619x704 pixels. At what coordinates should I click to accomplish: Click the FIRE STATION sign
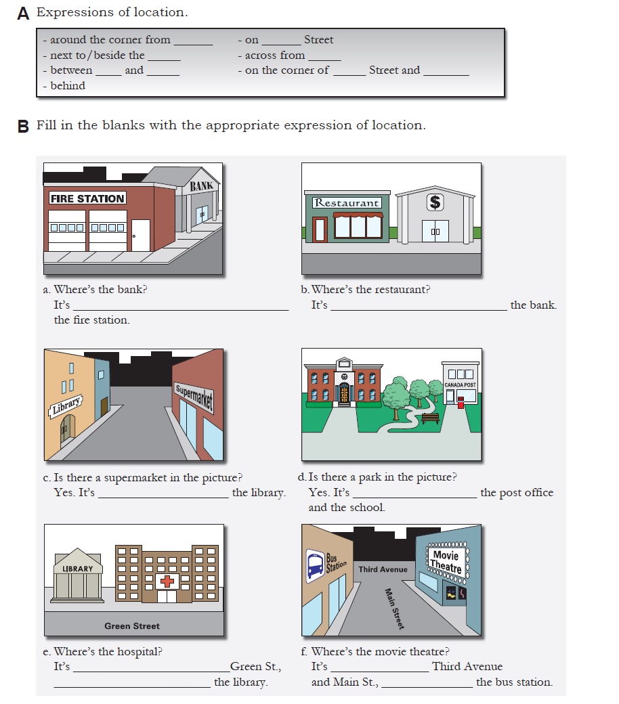point(87,198)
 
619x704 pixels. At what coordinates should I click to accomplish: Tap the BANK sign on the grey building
point(201,186)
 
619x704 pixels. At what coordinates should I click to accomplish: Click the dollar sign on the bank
point(434,202)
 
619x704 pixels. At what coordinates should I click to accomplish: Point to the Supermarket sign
point(194,398)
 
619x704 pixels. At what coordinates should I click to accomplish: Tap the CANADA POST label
point(460,384)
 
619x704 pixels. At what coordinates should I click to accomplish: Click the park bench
point(430,418)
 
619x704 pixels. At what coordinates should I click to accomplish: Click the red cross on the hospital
point(166,581)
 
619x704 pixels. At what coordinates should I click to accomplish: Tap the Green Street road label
point(132,626)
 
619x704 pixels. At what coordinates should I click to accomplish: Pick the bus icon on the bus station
point(315,565)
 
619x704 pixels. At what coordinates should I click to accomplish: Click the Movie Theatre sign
point(446,560)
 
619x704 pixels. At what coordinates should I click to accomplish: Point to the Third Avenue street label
point(383,569)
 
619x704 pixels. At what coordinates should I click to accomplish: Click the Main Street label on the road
point(394,609)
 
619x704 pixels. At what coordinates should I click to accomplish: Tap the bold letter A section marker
point(24,14)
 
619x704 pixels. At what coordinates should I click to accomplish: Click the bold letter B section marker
point(24,127)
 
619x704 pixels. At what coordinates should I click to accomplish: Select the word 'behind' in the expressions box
point(68,86)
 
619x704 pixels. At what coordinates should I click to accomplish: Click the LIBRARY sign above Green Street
point(78,569)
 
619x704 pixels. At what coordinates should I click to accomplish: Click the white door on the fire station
point(140,235)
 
